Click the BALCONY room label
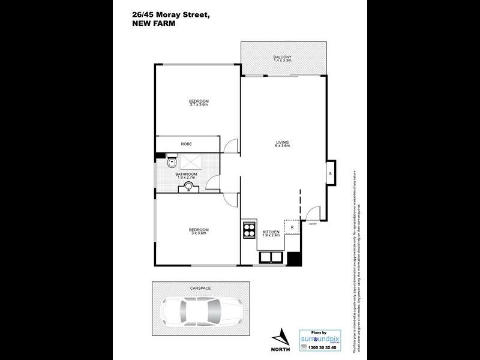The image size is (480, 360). (282, 57)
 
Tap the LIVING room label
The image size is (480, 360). (282, 142)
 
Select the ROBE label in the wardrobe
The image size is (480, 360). (186, 144)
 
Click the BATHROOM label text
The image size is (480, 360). (186, 175)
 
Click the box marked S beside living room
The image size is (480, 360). (331, 174)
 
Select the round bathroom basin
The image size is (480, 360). (190, 187)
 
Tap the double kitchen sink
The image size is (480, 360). (272, 259)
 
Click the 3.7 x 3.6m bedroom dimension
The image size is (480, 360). (199, 105)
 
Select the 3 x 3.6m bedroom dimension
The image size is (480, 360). (199, 233)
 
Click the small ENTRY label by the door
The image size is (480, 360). (313, 225)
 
